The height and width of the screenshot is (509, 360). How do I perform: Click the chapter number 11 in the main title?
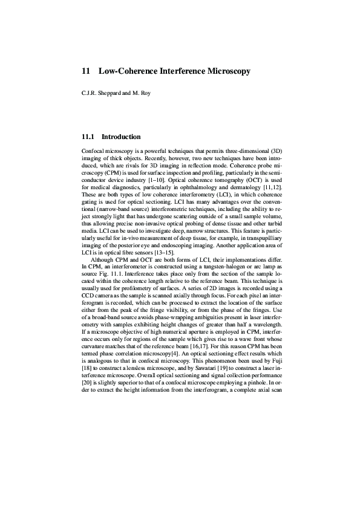coord(85,71)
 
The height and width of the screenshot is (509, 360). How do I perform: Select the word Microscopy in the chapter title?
coord(228,71)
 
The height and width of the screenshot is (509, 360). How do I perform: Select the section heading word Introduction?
coord(121,137)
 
